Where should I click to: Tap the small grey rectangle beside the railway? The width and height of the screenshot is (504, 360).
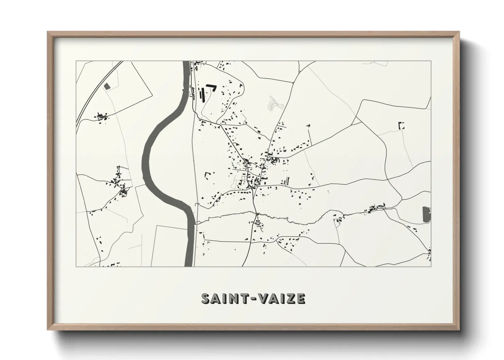point(107,86)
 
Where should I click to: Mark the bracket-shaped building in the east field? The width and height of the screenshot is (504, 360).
point(401,125)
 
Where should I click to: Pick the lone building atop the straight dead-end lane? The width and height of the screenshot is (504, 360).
point(309,126)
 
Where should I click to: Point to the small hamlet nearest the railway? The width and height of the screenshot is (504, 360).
point(101,117)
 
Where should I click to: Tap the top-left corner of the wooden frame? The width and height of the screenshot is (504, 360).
point(49,33)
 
